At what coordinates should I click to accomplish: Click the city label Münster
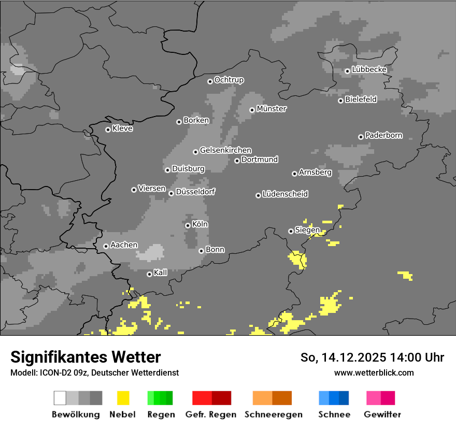point(272,109)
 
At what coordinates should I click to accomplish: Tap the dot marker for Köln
point(188,225)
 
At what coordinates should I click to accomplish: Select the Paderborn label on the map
point(384,135)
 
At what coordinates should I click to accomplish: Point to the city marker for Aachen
point(106,246)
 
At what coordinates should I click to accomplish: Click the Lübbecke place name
point(369,69)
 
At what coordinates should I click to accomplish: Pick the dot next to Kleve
point(108,130)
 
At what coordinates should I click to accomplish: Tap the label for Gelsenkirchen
point(226,150)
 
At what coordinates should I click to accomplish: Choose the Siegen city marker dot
point(291,231)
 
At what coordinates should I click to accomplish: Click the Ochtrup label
point(229,80)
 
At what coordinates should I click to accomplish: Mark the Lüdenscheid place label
point(286,194)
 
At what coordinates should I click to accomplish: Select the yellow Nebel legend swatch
point(123,398)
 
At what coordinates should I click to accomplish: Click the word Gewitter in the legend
point(382,414)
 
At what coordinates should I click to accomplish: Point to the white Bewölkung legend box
point(60,398)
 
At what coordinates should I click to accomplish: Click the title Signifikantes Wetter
point(85,357)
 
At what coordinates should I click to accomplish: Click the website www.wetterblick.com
point(374,372)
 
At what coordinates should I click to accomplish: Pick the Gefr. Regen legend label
point(211,414)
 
